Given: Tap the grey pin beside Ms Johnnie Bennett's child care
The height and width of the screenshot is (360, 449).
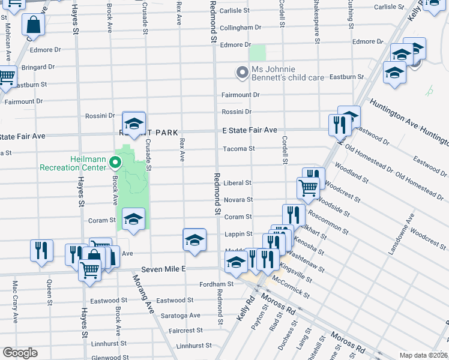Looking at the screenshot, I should click(x=243, y=73).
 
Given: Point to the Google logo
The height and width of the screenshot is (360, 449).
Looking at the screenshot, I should click(x=20, y=353).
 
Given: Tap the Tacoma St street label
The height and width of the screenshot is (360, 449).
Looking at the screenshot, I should click(x=239, y=149).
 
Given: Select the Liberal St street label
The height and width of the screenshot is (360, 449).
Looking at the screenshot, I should click(x=237, y=182).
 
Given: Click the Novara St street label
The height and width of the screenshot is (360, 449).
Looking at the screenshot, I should click(x=238, y=200).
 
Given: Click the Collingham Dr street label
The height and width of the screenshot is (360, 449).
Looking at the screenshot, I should click(x=240, y=28).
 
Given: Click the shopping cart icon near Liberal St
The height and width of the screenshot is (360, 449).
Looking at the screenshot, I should click(x=308, y=187).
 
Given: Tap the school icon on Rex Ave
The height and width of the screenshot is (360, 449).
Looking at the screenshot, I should click(x=194, y=240).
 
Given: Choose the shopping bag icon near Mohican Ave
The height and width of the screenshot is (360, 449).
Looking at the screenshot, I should click(x=34, y=25).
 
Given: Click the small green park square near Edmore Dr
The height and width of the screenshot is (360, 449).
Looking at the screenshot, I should click(x=258, y=53).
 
